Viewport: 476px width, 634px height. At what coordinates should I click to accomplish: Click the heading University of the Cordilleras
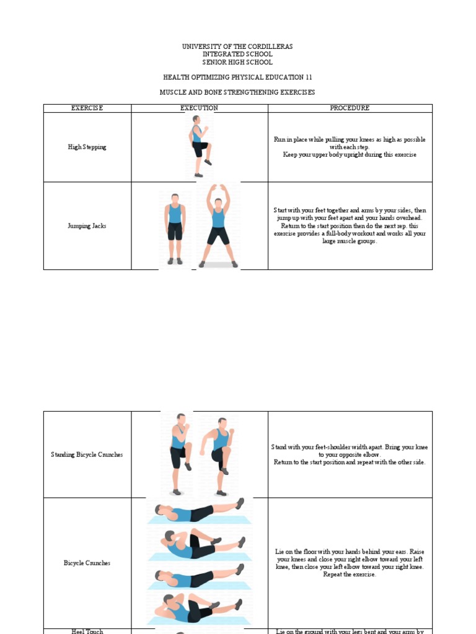(x=237, y=46)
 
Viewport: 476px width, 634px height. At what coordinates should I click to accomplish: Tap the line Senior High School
(x=237, y=63)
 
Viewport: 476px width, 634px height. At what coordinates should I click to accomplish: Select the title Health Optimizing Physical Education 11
(x=237, y=77)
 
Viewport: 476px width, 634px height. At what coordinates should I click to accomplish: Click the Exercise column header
(x=87, y=108)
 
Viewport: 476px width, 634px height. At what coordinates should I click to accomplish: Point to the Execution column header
(x=199, y=108)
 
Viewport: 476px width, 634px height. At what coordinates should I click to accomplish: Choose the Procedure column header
(x=350, y=108)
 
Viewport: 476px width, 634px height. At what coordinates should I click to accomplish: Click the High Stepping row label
(x=87, y=147)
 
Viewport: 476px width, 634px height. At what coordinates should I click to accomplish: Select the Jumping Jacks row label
(x=87, y=226)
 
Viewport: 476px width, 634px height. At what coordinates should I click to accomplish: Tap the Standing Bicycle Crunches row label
(x=87, y=454)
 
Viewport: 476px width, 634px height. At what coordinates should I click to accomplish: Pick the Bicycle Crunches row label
(x=87, y=563)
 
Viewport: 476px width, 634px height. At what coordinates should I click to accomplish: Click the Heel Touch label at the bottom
(x=87, y=631)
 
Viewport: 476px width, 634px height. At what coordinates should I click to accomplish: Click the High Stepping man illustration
(x=199, y=147)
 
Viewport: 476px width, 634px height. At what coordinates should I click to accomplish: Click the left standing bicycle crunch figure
(x=180, y=454)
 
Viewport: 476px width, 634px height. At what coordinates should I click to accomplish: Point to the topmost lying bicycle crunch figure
(x=198, y=511)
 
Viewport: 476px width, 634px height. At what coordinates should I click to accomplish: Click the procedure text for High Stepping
(x=350, y=147)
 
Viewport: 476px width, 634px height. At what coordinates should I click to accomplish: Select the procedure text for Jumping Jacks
(x=350, y=226)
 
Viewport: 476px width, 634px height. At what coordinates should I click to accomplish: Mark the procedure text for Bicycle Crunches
(x=350, y=563)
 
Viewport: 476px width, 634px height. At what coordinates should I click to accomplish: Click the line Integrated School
(x=237, y=54)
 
